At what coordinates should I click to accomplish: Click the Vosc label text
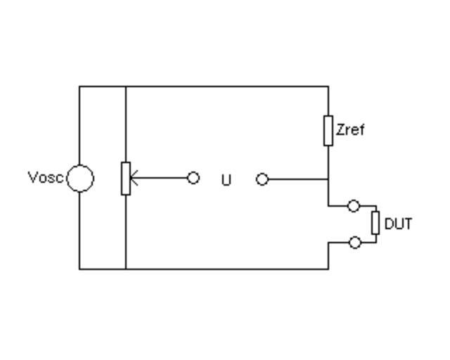(x=46, y=177)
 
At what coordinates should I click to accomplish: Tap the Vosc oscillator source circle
(x=80, y=178)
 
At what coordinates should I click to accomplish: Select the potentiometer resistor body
(x=126, y=178)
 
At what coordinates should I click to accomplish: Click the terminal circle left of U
(x=193, y=178)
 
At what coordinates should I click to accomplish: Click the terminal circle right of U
(x=262, y=179)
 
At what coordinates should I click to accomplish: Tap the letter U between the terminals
(x=226, y=180)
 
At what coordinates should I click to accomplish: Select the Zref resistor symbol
(x=328, y=131)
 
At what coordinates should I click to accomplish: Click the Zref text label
(x=351, y=130)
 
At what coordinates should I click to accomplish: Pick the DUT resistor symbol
(x=375, y=222)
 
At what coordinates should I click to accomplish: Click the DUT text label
(x=398, y=224)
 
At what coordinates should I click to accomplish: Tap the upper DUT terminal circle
(x=354, y=206)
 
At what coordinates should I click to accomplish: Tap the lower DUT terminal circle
(x=355, y=243)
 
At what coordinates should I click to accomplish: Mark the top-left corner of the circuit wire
(x=79, y=86)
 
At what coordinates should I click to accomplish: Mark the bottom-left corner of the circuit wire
(x=79, y=269)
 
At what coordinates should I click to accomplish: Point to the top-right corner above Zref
(x=328, y=86)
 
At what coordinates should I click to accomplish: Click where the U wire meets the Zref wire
(x=328, y=179)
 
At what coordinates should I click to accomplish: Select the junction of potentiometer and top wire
(x=126, y=86)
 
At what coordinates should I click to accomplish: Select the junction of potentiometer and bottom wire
(x=126, y=269)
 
